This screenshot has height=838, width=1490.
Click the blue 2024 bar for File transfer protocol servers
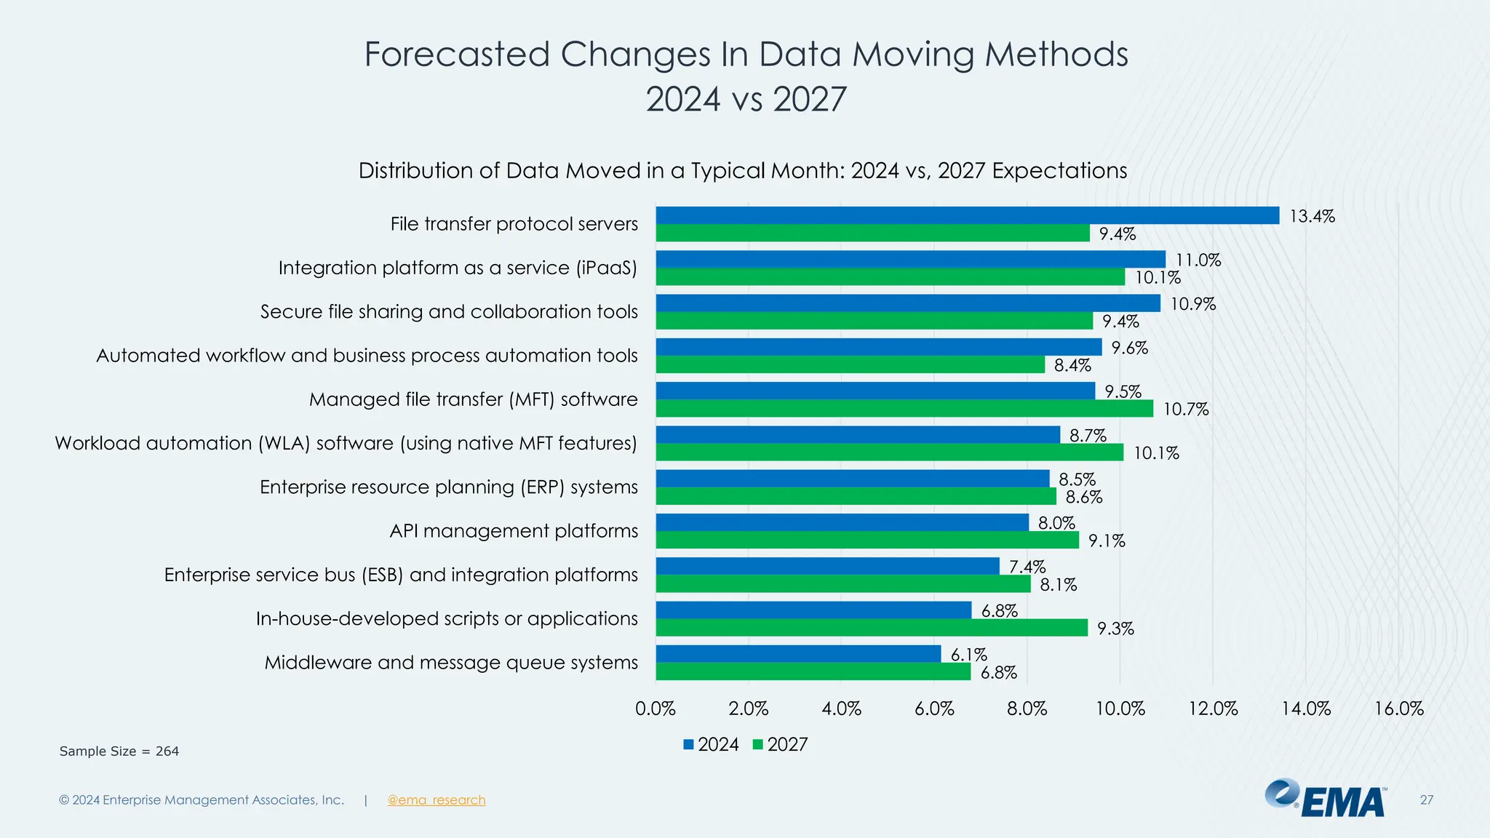967,215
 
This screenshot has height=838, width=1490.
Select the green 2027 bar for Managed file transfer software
904,409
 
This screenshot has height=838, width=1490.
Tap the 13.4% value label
1312,216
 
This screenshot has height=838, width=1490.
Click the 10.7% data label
1185,410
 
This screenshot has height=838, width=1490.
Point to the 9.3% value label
1115,628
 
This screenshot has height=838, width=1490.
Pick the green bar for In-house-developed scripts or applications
872,628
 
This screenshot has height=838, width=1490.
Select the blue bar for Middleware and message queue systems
798,653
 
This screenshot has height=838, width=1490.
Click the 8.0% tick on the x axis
1027,709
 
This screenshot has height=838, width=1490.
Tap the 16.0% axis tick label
1398,709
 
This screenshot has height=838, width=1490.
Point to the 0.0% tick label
655,709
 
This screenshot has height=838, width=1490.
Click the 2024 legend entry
711,744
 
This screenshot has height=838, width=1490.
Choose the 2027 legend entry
780,744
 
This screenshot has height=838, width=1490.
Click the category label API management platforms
514,531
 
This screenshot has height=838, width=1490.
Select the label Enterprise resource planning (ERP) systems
448,487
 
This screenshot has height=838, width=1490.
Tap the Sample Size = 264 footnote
119,751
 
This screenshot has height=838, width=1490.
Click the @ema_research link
436,800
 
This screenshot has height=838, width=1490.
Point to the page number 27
1426,800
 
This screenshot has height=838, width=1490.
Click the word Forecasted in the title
456,55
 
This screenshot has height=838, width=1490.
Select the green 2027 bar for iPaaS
890,277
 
